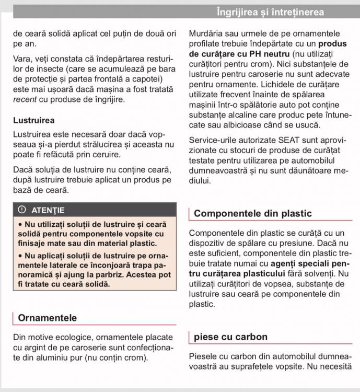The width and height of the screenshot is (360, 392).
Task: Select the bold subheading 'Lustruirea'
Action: [33, 120]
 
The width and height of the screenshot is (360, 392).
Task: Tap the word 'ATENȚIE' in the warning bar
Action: [48, 210]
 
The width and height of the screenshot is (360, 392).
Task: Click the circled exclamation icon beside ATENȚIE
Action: [21, 210]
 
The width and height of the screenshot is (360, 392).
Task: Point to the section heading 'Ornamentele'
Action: [47, 318]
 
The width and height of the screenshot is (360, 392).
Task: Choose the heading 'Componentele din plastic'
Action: [252, 213]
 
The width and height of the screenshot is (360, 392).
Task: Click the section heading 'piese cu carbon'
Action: [230, 337]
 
